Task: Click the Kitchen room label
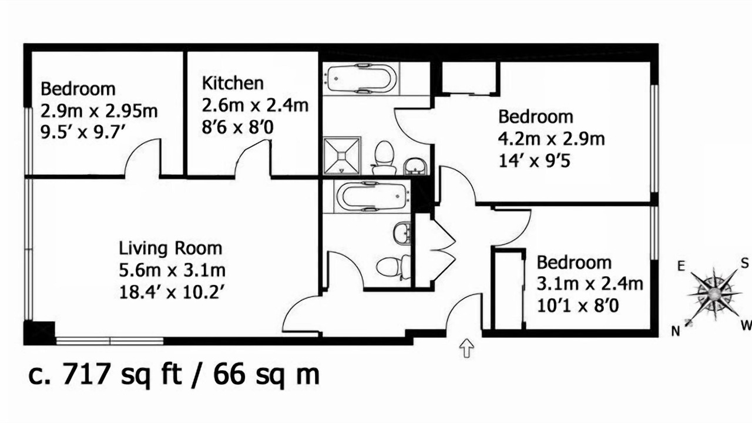[x=233, y=83]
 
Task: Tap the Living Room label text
[x=170, y=249]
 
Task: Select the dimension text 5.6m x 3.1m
[x=172, y=271]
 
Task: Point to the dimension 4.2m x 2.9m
[x=551, y=139]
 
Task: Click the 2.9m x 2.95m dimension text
[x=99, y=111]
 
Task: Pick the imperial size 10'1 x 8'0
[x=578, y=306]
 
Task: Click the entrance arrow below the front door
[x=466, y=348]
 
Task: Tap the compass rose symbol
[x=714, y=294]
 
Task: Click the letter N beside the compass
[x=676, y=331]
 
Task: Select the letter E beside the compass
[x=681, y=267]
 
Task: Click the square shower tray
[x=342, y=156]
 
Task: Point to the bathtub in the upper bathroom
[x=361, y=79]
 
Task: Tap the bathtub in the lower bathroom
[x=372, y=196]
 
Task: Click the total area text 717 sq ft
[x=122, y=375]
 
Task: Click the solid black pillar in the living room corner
[x=39, y=333]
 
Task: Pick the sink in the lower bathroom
[x=402, y=233]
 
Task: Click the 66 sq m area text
[x=266, y=375]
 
